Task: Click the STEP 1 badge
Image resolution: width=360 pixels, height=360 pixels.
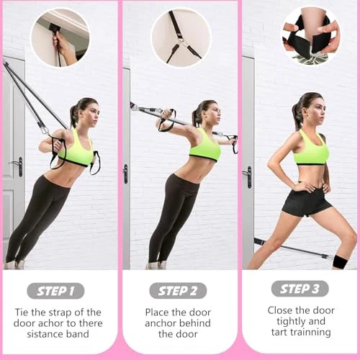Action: click(55, 291)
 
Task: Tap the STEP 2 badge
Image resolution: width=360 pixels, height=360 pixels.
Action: click(178, 291)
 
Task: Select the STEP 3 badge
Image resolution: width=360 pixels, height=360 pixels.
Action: click(300, 289)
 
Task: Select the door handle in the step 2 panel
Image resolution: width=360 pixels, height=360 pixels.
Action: click(125, 174)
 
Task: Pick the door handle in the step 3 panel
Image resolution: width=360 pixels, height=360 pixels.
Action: click(248, 176)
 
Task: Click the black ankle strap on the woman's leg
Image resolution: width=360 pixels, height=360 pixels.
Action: click(341, 262)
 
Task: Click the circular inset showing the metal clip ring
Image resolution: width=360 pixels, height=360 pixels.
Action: click(181, 37)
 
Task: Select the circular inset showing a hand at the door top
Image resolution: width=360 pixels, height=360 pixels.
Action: click(60, 37)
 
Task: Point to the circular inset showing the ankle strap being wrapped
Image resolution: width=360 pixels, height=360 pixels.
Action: click(310, 35)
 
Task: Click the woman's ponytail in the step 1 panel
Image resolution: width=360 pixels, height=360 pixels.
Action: click(74, 115)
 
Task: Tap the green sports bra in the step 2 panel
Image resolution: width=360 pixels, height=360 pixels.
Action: click(205, 145)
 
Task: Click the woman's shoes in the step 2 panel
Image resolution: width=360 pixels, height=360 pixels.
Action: click(157, 265)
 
